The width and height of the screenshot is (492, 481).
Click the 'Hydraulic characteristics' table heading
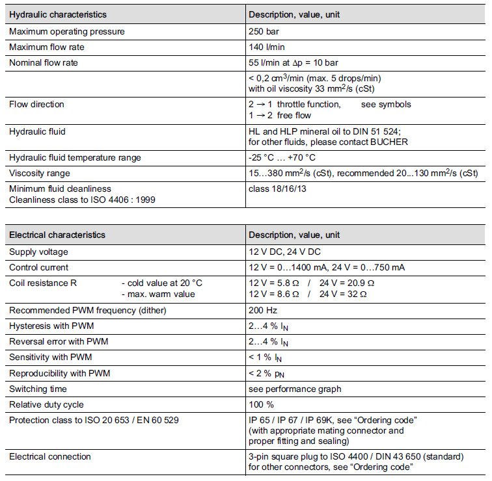pyautogui.click(x=58, y=14)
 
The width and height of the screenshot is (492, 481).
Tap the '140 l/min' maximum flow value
pyautogui.click(x=267, y=47)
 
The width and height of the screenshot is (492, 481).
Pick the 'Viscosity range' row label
pyautogui.click(x=40, y=173)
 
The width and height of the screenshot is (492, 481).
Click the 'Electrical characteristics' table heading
pyautogui.click(x=57, y=235)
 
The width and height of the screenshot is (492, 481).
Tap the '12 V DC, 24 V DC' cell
pyautogui.click(x=284, y=252)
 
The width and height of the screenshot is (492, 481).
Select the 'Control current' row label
pyautogui.click(x=38, y=267)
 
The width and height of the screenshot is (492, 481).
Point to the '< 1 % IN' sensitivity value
pyautogui.click(x=266, y=357)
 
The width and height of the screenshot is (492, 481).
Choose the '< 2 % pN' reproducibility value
pyautogui.click(x=266, y=373)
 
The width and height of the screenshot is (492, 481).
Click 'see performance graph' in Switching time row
pyautogui.click(x=295, y=389)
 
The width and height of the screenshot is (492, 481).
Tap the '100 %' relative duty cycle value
pyautogui.click(x=260, y=404)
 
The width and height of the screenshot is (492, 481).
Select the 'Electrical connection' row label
pyautogui.click(x=50, y=457)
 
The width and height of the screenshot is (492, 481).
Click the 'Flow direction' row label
pyautogui.click(x=36, y=104)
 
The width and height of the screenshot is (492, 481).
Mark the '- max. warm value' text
pyautogui.click(x=158, y=294)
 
